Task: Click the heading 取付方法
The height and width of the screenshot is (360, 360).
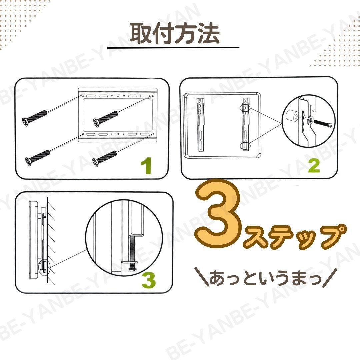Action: click(x=175, y=34)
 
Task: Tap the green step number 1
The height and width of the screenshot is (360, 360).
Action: click(x=146, y=166)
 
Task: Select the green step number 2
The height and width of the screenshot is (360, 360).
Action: click(x=314, y=166)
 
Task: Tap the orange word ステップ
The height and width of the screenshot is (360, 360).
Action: click(x=294, y=237)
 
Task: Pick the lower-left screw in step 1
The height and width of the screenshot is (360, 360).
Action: click(x=38, y=158)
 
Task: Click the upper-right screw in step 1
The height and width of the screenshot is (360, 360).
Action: click(x=106, y=118)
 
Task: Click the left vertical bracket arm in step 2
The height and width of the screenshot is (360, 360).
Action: click(x=201, y=125)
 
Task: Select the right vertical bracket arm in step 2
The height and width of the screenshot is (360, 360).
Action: click(x=245, y=124)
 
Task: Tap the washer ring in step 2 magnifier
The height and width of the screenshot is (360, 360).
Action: click(x=311, y=119)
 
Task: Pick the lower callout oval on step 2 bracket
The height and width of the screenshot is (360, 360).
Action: click(x=245, y=146)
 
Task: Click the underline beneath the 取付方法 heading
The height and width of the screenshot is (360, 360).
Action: click(x=173, y=48)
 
